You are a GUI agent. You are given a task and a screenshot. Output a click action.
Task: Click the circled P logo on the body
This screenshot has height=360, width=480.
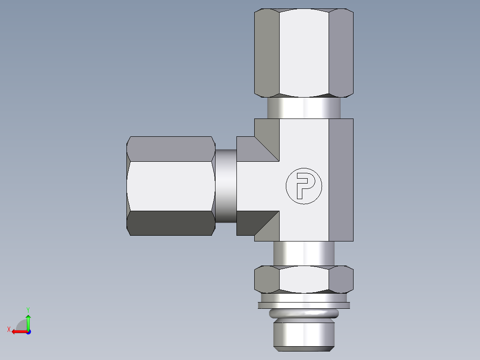point(304,186)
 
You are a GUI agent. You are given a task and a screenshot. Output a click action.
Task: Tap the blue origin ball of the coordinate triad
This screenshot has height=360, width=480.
point(28,332)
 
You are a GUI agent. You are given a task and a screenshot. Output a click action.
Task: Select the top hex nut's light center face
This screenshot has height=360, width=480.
point(304,53)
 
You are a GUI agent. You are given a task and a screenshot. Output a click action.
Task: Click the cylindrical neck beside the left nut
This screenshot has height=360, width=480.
point(226,186)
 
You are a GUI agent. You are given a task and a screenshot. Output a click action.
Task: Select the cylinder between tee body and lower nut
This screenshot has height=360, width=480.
point(304,254)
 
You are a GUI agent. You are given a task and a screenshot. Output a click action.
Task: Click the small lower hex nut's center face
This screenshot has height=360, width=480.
point(304,279)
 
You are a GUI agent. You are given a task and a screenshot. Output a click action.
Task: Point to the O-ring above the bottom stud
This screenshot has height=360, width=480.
point(304,314)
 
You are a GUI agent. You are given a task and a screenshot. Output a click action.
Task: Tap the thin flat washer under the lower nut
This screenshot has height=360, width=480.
point(304,306)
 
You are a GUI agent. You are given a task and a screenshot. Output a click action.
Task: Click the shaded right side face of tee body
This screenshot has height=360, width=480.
point(341,180)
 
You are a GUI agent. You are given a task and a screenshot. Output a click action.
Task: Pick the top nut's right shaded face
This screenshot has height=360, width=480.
point(341,53)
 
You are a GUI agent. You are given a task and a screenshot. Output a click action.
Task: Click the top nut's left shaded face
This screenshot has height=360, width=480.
point(266,53)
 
